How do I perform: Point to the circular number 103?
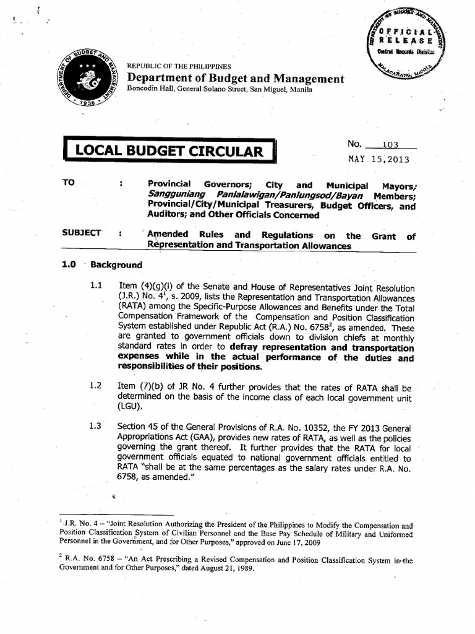coord(391,145)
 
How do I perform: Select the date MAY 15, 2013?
coord(379,159)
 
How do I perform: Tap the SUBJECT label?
coord(81,233)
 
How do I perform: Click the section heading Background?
coord(116,265)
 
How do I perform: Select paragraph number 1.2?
coord(95,386)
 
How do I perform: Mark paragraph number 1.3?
coord(95,427)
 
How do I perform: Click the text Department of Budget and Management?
coord(235,79)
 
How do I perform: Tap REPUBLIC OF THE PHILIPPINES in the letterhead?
coord(179,66)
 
